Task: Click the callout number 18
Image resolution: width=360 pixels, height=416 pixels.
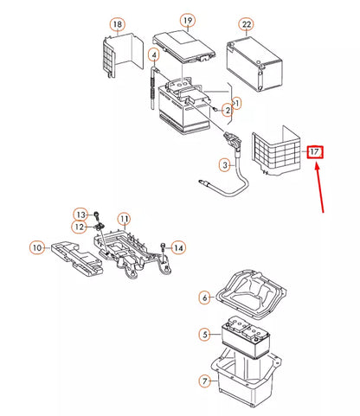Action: [x=118, y=23]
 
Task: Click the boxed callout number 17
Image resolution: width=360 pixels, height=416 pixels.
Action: [x=316, y=152]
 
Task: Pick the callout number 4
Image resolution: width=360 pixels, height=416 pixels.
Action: [x=153, y=55]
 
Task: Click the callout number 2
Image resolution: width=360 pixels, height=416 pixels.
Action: [x=227, y=110]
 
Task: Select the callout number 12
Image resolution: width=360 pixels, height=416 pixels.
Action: [x=79, y=227]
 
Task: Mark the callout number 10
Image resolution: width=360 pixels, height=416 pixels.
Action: [x=36, y=247]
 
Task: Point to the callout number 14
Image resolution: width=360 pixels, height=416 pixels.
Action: [x=179, y=248]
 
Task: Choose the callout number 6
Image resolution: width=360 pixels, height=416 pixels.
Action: [x=204, y=298]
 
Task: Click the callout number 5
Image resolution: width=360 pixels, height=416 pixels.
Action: [x=204, y=334]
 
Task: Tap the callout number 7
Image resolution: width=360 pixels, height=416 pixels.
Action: [x=204, y=381]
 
